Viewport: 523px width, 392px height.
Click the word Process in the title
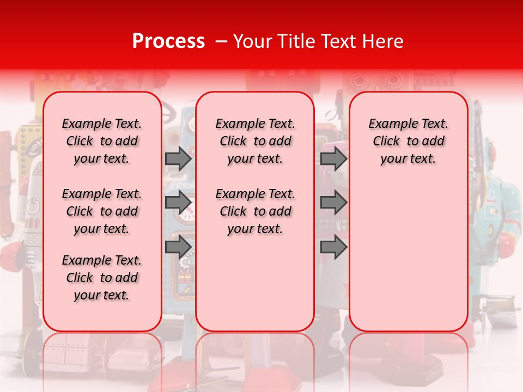pyautogui.click(x=168, y=41)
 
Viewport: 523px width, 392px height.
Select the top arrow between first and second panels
pyautogui.click(x=178, y=158)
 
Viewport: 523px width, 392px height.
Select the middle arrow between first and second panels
pyautogui.click(x=178, y=203)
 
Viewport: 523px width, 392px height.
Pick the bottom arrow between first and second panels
pyautogui.click(x=178, y=247)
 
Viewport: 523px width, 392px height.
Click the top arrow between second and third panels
pyautogui.click(x=333, y=158)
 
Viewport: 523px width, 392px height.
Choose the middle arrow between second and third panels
pyautogui.click(x=333, y=203)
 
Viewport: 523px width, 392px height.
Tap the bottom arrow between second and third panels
pyautogui.click(x=333, y=247)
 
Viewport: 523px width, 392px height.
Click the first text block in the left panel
pyautogui.click(x=102, y=141)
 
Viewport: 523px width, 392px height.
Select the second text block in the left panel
pyautogui.click(x=102, y=211)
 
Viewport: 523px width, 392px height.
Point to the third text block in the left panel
pyautogui.click(x=102, y=278)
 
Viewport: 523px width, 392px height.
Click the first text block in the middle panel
pyautogui.click(x=255, y=141)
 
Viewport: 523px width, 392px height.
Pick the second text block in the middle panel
pyautogui.click(x=255, y=211)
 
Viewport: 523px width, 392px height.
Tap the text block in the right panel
pyautogui.click(x=408, y=141)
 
